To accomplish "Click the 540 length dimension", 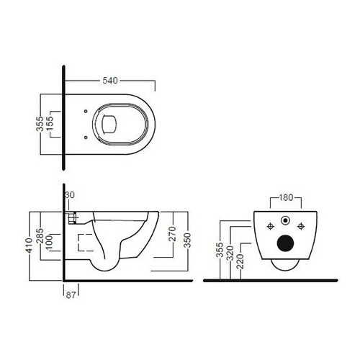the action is [x=110, y=81].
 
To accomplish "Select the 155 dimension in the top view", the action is [x=50, y=124].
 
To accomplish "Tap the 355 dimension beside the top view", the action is [x=40, y=124].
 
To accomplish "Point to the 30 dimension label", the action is [x=70, y=195].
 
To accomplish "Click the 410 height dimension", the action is [x=30, y=246].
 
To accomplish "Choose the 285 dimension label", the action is [x=40, y=236].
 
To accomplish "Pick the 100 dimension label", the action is [x=49, y=243].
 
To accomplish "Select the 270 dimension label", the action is [x=173, y=234].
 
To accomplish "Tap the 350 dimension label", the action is [x=187, y=240].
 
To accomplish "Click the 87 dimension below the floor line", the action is [x=71, y=295].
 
